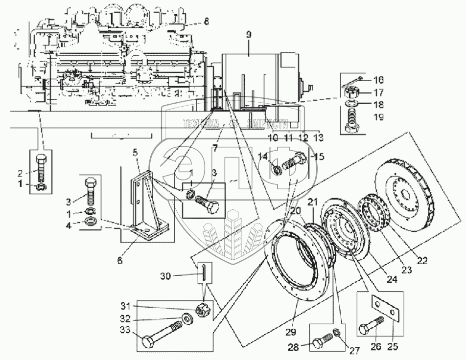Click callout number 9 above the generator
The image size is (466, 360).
(249, 35)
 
